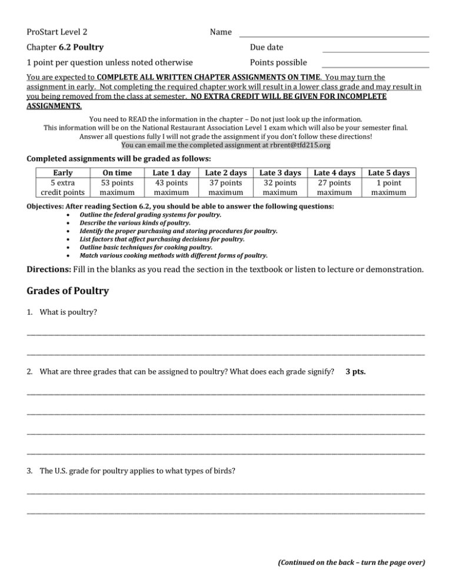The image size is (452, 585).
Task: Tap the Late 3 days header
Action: click(280, 172)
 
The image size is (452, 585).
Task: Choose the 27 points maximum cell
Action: click(335, 187)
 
